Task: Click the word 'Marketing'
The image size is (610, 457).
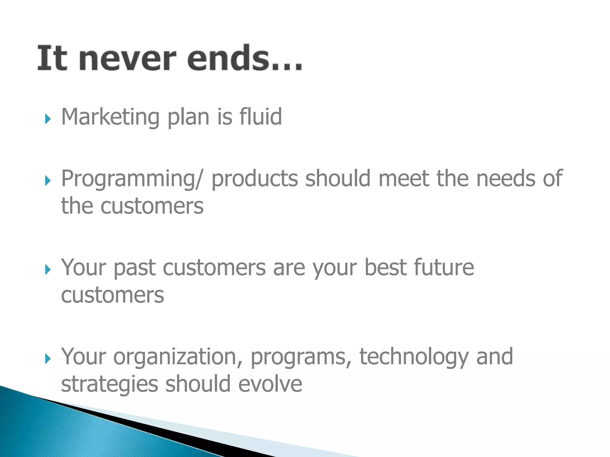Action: pyautogui.click(x=110, y=117)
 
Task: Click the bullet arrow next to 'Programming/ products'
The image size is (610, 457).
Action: pyautogui.click(x=48, y=181)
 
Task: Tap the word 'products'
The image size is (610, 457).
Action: pyautogui.click(x=255, y=179)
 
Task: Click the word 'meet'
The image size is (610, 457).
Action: pyautogui.click(x=404, y=179)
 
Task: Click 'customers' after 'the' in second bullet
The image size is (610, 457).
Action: pyautogui.click(x=152, y=206)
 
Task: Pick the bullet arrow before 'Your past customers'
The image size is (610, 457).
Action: pyautogui.click(x=48, y=270)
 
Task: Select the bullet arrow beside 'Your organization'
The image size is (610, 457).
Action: pyautogui.click(x=48, y=359)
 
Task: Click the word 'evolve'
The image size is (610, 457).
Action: pyautogui.click(x=270, y=384)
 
